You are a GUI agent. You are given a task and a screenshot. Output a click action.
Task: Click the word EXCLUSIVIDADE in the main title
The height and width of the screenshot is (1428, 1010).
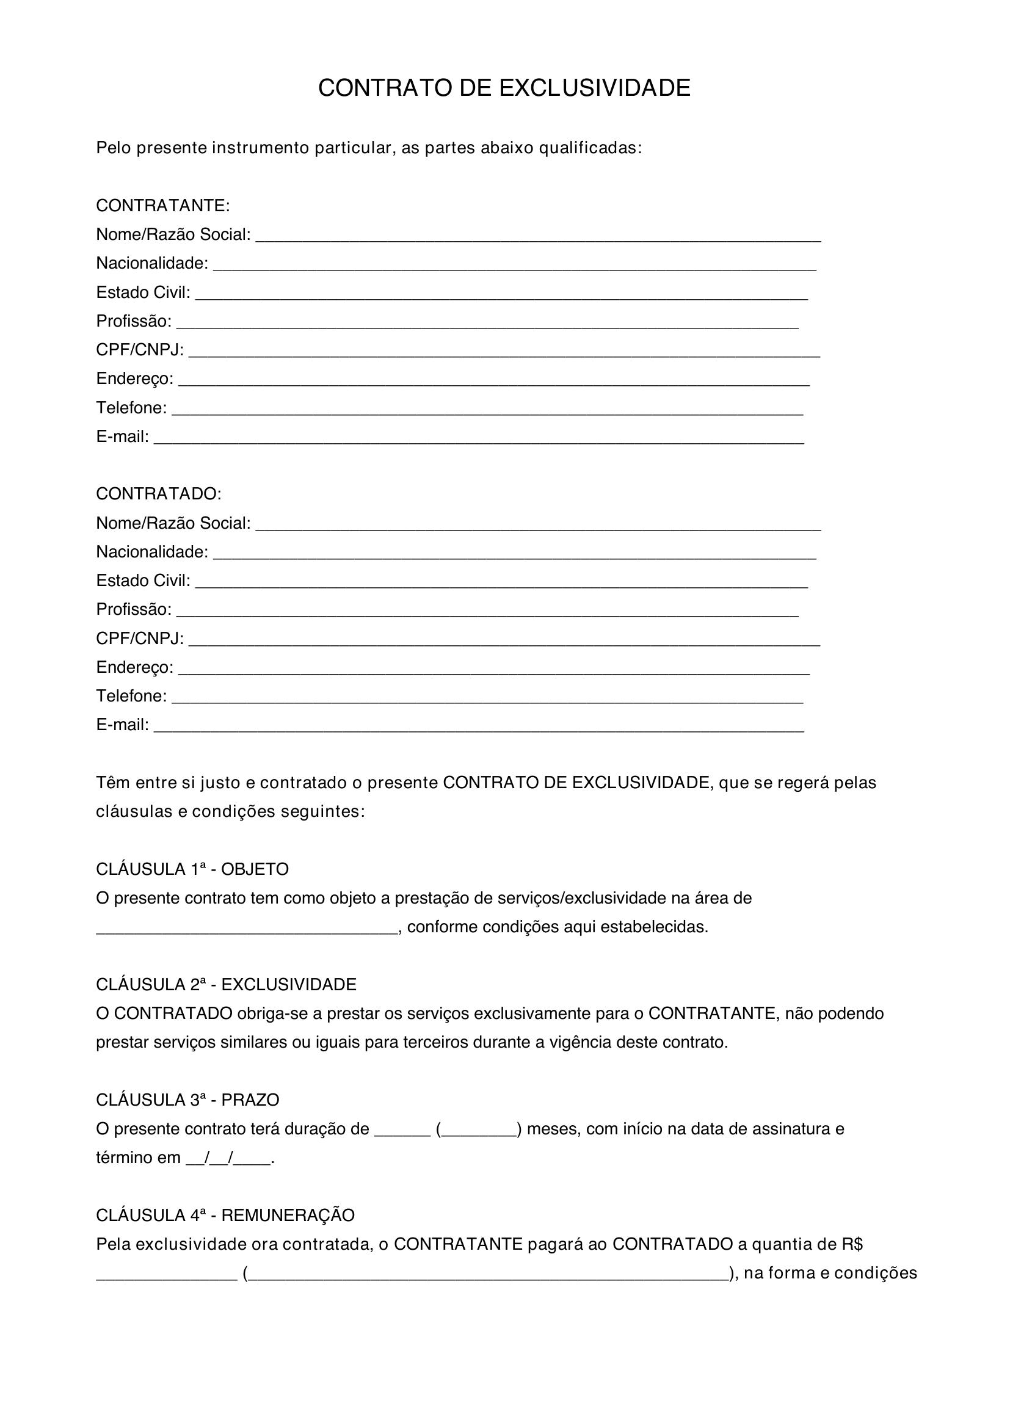(595, 89)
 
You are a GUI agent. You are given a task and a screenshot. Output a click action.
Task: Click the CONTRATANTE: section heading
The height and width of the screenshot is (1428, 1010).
(163, 206)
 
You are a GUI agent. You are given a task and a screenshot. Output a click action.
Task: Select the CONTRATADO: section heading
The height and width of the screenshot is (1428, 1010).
(159, 494)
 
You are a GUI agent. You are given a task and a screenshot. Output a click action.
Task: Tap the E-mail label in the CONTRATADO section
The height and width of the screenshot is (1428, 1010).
(122, 725)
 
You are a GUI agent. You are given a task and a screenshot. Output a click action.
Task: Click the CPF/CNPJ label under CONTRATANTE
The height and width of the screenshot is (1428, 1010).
(140, 350)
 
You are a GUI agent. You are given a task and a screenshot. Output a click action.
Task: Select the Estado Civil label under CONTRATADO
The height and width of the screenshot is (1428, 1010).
(143, 581)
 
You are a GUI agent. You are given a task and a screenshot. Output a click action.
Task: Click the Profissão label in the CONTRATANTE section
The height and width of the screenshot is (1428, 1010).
(133, 322)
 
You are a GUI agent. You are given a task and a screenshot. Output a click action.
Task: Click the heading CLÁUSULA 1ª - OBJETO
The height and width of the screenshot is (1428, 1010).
(192, 869)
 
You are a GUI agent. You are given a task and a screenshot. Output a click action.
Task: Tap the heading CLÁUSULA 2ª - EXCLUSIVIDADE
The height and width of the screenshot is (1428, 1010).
(226, 985)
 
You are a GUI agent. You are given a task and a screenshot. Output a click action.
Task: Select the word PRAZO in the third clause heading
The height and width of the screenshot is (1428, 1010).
(250, 1100)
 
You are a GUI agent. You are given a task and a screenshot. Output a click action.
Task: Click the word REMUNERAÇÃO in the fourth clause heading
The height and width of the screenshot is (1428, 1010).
(288, 1216)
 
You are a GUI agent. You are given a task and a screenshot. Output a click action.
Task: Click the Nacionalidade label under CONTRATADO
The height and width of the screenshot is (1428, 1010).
(152, 553)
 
